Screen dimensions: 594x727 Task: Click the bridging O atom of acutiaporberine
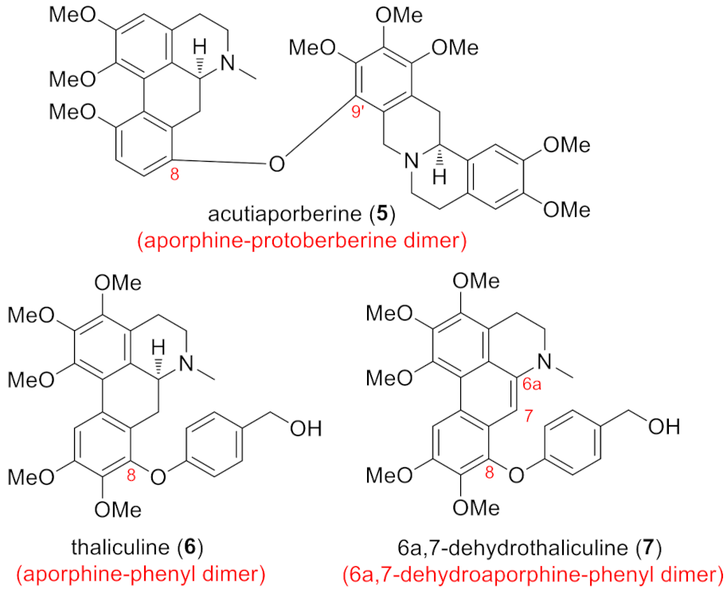276,164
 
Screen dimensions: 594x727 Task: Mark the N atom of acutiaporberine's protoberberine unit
412,163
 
